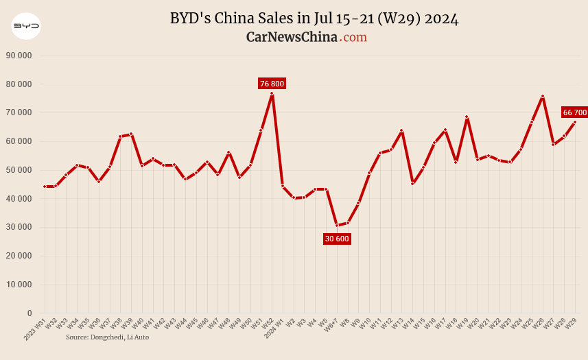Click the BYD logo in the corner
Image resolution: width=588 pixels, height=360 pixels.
click(26, 26)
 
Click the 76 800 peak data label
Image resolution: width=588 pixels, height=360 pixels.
click(272, 84)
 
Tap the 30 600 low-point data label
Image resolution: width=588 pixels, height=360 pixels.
click(337, 239)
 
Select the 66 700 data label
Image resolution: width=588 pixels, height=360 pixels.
click(575, 112)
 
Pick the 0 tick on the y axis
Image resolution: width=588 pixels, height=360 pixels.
click(30, 313)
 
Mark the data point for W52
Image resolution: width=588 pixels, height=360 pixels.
click(272, 93)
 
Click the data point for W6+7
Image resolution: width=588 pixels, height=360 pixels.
click(337, 225)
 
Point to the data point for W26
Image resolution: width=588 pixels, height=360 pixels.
click(543, 97)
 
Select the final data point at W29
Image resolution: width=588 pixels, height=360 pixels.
click(575, 122)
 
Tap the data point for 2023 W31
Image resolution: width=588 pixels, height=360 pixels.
click(45, 187)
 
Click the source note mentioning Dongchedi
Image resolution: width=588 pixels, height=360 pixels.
click(107, 337)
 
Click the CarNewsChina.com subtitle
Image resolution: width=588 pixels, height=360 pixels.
click(306, 37)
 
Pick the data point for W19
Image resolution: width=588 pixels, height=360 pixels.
click(467, 117)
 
